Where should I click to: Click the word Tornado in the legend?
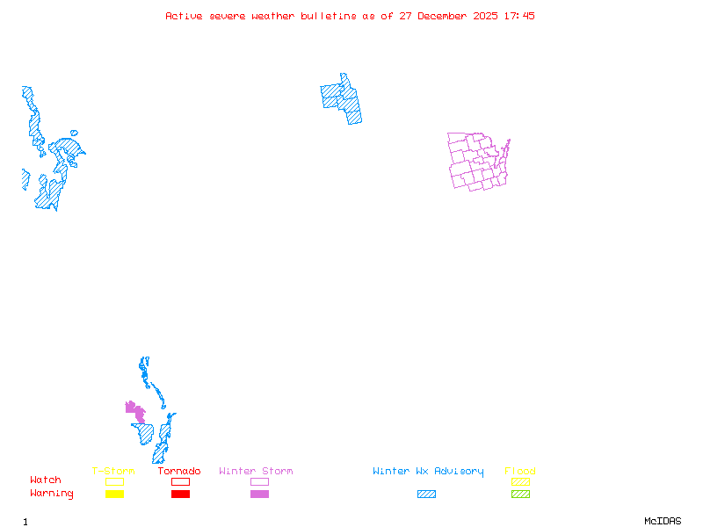click(x=179, y=472)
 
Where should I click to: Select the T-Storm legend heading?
click(x=113, y=472)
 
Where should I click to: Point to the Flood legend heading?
click(x=520, y=472)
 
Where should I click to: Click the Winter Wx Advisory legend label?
click(x=428, y=472)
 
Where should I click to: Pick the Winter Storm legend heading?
click(x=256, y=472)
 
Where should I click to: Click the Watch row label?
click(x=46, y=480)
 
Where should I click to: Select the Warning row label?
click(x=52, y=494)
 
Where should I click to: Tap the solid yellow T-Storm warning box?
click(x=114, y=495)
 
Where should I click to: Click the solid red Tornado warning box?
click(x=180, y=495)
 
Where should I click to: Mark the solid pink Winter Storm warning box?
click(x=259, y=495)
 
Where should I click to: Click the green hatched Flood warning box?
click(x=520, y=495)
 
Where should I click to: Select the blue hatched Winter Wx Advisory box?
click(x=426, y=495)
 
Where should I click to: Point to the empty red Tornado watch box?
click(x=180, y=481)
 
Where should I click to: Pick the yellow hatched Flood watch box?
click(x=520, y=481)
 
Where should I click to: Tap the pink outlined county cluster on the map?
click(x=477, y=162)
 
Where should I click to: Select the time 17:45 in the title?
click(x=519, y=16)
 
